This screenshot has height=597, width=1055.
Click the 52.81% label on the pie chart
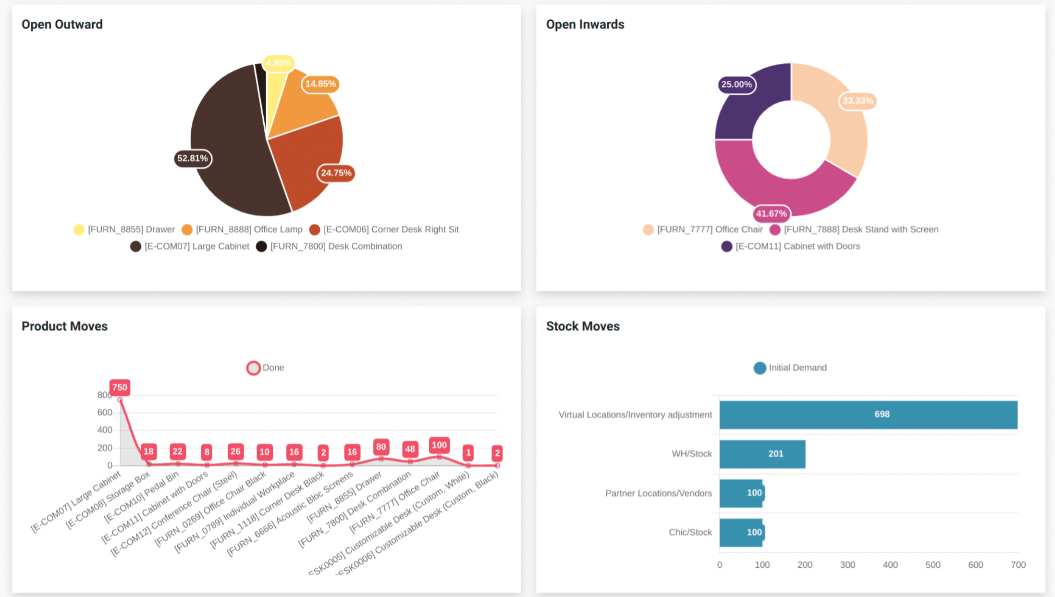[193, 158]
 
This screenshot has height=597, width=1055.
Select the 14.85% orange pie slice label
[320, 84]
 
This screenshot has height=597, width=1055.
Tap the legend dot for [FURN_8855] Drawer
[79, 230]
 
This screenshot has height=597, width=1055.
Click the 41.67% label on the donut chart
[771, 213]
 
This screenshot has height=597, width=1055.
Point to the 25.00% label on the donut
[736, 85]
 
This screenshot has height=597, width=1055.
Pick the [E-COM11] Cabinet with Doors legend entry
[797, 246]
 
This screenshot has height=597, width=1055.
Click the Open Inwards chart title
[585, 25]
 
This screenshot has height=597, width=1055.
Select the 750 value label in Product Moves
[120, 387]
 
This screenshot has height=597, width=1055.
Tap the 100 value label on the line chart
[439, 445]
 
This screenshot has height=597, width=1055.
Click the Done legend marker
[253, 368]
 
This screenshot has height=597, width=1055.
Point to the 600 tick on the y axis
[105, 412]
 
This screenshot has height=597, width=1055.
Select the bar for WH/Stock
[762, 454]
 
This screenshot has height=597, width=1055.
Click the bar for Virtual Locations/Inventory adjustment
[868, 414]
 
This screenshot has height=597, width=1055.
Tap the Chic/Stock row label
[690, 532]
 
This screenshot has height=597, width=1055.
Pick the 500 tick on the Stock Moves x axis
[932, 565]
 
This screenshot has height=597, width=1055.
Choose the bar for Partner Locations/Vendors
[741, 493]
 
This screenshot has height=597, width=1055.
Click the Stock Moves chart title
[583, 326]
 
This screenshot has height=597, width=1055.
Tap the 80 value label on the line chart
[381, 447]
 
